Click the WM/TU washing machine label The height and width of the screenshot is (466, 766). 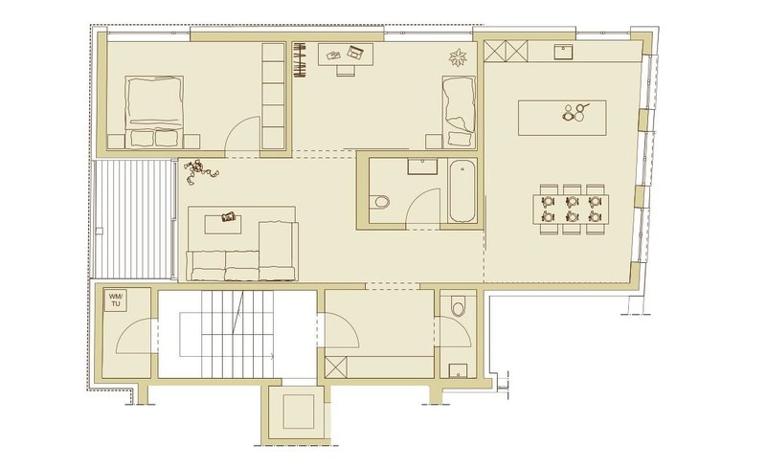coord(116,300)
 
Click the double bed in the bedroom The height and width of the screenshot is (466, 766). coord(154,112)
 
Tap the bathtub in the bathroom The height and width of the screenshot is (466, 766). coord(462,192)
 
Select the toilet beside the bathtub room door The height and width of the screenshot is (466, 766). coord(379,202)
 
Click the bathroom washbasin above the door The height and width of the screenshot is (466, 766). coord(422,166)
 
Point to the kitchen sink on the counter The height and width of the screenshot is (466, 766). coord(564,52)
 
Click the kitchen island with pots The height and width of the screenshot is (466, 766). coord(562,118)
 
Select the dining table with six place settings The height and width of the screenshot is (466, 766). coord(571,209)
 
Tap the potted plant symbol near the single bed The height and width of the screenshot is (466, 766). coord(458,57)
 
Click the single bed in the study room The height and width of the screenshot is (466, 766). coord(459,111)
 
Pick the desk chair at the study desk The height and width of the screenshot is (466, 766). coord(345,71)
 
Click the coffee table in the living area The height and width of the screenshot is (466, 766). coord(223,225)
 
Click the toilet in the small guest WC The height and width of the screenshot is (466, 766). coord(458,306)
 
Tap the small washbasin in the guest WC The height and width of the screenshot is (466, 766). coord(458,371)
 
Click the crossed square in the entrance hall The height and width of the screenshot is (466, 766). coord(336,366)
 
